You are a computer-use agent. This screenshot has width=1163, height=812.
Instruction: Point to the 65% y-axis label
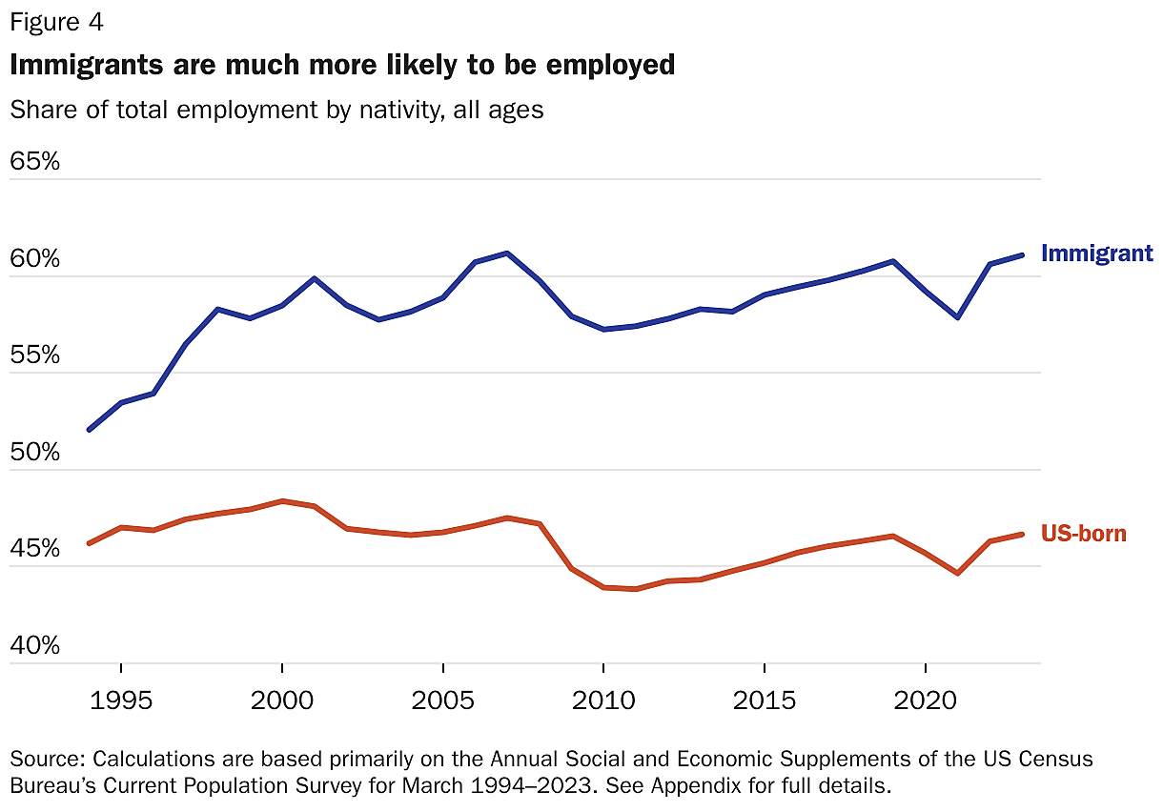pos(34,161)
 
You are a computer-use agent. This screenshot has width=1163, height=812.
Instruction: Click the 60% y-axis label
pos(34,259)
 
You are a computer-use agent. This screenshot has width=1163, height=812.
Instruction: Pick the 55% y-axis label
pos(34,356)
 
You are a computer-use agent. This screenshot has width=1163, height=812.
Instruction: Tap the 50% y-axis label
pos(34,453)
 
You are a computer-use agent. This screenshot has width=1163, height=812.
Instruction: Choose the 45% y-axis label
pos(34,550)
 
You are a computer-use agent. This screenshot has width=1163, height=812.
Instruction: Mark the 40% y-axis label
pos(34,646)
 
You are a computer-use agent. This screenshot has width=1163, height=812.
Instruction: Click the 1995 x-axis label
pos(120,700)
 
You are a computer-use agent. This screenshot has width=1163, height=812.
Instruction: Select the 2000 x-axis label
pos(282,700)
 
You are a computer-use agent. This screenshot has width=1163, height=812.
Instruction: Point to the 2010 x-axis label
pos(603,700)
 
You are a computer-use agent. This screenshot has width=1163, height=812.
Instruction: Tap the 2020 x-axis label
pos(926,700)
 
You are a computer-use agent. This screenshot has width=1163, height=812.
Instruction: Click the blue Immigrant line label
pos(1097,254)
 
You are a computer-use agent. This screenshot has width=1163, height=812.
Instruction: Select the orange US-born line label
pos(1084,534)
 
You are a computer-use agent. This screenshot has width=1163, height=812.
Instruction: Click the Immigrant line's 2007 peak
pos(507,254)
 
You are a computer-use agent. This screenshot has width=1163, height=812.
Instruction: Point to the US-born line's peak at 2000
pos(282,500)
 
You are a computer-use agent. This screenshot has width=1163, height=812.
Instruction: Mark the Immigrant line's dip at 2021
pos(957,317)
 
